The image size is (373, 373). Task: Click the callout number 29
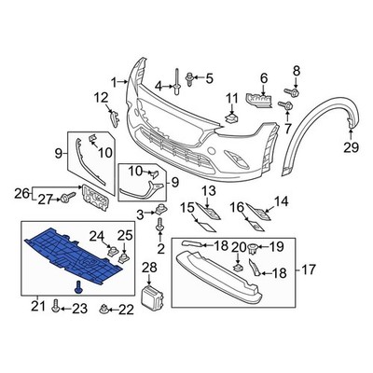click(x=350, y=147)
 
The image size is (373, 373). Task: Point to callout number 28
click(x=150, y=268)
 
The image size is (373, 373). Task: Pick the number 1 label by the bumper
click(x=115, y=83)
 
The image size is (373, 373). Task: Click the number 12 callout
click(x=104, y=97)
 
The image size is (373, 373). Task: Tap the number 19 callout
click(x=275, y=247)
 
